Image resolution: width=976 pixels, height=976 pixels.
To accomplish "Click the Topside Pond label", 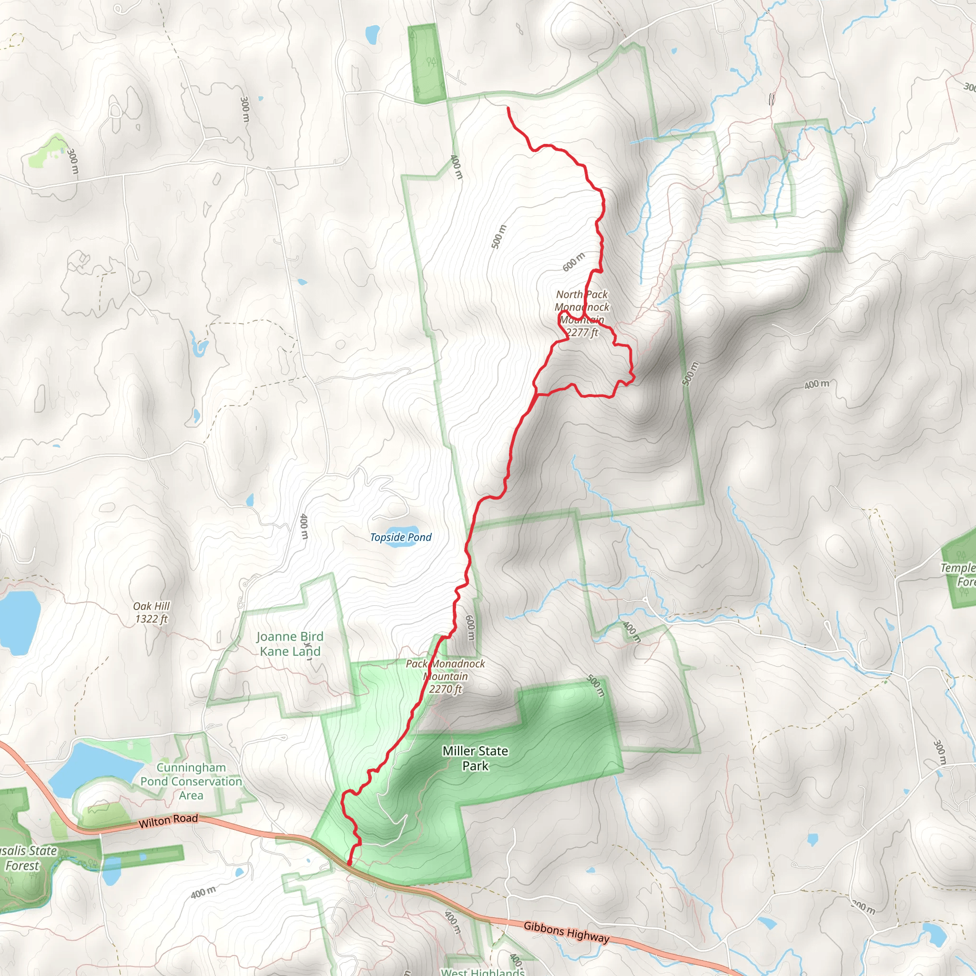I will tap(401, 537).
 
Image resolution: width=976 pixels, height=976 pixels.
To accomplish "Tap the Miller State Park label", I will tap(475, 758).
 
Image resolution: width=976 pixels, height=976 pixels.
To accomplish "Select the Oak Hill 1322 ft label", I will tap(151, 612).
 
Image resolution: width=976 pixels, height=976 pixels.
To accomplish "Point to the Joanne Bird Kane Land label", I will tap(289, 643).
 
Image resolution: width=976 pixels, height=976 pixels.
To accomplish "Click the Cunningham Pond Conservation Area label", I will tap(191, 781).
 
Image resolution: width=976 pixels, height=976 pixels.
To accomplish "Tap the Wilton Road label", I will tap(168, 821).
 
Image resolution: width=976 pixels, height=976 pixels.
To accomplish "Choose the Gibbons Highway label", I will tap(566, 932).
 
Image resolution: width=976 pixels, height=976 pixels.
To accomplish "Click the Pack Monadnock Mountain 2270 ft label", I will tap(445, 676).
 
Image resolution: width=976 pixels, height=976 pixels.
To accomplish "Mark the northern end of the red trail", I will tap(508, 108).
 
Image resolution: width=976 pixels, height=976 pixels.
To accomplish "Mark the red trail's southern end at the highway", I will tap(349, 864).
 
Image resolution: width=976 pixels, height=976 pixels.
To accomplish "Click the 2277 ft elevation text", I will tap(582, 333).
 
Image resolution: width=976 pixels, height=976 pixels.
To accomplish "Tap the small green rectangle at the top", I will tap(426, 63).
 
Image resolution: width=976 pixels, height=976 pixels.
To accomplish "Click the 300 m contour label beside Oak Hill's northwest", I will tap(73, 161).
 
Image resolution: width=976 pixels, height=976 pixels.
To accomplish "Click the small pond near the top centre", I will tap(373, 34).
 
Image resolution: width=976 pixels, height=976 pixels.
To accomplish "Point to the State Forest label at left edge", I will tap(25, 858).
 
